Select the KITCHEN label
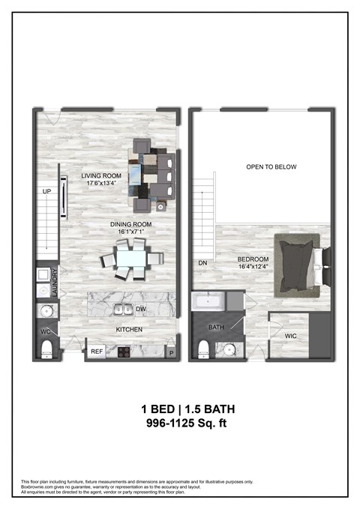tap(129, 329)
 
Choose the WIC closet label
tap(291, 335)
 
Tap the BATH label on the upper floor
tap(216, 328)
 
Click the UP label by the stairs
tap(46, 192)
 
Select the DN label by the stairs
tap(202, 262)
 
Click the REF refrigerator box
tap(97, 351)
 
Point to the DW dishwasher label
tap(141, 308)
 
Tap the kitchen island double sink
tap(124, 309)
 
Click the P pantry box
tap(171, 352)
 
